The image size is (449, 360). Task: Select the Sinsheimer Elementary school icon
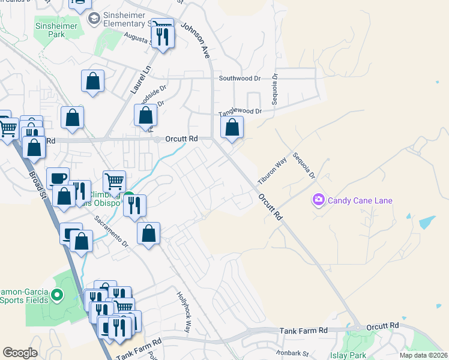click(x=93, y=19)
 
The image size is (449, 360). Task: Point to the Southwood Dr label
click(x=240, y=78)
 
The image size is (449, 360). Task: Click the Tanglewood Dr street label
click(x=240, y=112)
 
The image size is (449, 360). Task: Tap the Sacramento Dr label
click(x=111, y=231)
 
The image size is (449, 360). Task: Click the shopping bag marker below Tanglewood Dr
click(x=232, y=128)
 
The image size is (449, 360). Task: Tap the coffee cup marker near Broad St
click(x=58, y=178)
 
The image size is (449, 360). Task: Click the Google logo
click(x=20, y=352)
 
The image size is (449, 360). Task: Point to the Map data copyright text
click(x=424, y=355)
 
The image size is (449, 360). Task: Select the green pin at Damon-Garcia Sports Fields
click(x=57, y=295)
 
